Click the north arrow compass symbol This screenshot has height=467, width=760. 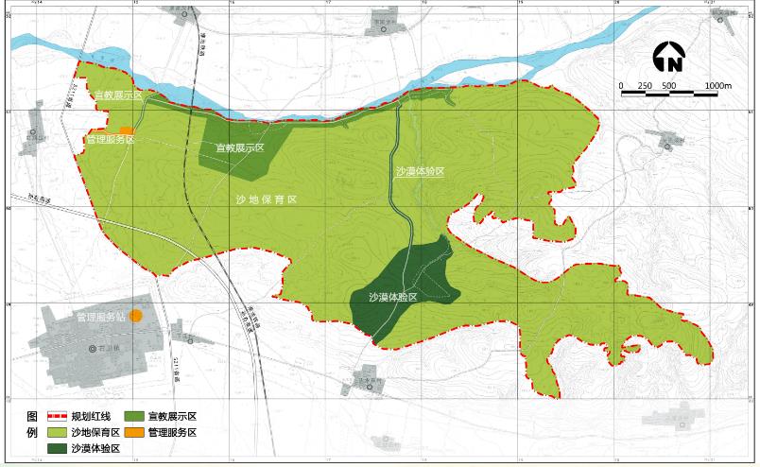tap(669, 59)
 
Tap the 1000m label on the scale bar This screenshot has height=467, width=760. tap(718, 85)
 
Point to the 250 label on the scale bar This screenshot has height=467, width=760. tap(646, 85)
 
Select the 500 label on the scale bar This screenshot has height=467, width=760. tap(668, 85)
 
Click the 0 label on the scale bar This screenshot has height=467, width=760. tap(621, 85)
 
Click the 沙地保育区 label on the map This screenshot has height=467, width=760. tap(268, 200)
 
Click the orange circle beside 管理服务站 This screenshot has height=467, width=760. tap(136, 316)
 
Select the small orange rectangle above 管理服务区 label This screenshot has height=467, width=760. tap(126, 130)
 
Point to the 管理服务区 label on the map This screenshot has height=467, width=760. tap(111, 140)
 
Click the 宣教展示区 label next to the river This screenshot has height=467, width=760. tap(117, 95)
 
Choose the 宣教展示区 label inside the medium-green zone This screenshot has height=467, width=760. tap(239, 148)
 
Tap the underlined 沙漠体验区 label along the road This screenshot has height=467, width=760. tap(420, 171)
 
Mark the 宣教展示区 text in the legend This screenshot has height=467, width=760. tap(172, 417)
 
